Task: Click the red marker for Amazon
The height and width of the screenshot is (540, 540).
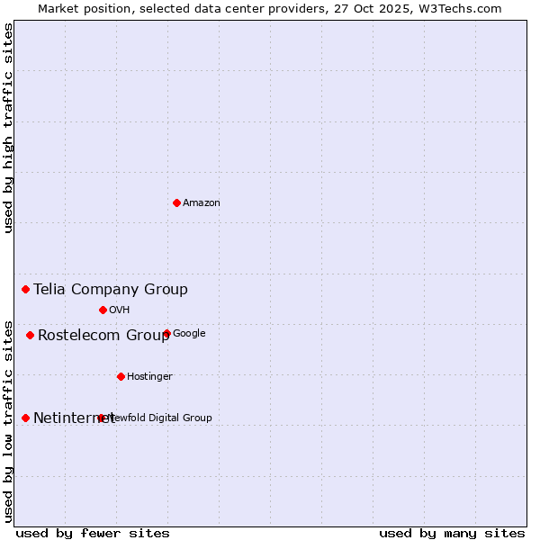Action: pos(176,202)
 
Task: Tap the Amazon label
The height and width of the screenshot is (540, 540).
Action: pos(202,203)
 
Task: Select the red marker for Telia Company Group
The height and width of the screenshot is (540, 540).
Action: pos(26,289)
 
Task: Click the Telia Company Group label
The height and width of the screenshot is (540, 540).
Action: pos(111,290)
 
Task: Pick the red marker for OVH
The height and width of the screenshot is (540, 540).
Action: pos(103,310)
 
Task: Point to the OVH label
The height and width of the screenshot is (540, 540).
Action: pos(120,310)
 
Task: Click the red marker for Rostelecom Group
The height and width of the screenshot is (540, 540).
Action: pos(30,335)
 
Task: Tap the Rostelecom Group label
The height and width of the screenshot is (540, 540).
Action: pos(103,336)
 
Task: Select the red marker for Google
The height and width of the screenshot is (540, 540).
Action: pos(166,333)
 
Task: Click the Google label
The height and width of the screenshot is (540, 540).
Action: pos(189,334)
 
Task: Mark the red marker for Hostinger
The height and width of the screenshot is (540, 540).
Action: pos(121,376)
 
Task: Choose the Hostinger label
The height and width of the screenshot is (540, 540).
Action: pos(149,377)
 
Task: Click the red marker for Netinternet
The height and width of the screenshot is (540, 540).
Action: pos(25,418)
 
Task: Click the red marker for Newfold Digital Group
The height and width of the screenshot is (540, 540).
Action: pos(101,418)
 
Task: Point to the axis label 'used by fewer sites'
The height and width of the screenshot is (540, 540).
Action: pos(93,533)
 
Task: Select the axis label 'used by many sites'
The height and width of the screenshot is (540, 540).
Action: pos(452,533)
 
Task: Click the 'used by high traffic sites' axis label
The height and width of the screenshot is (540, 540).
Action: pos(8,128)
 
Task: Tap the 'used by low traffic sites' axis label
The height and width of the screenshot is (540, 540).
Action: pos(8,420)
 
